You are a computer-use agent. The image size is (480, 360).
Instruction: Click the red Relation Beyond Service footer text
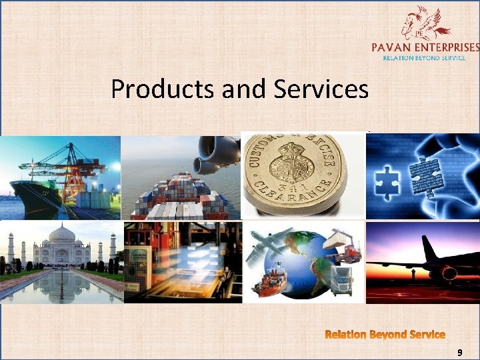point(385,334)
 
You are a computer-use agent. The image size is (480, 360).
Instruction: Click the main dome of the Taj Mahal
point(62,235)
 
